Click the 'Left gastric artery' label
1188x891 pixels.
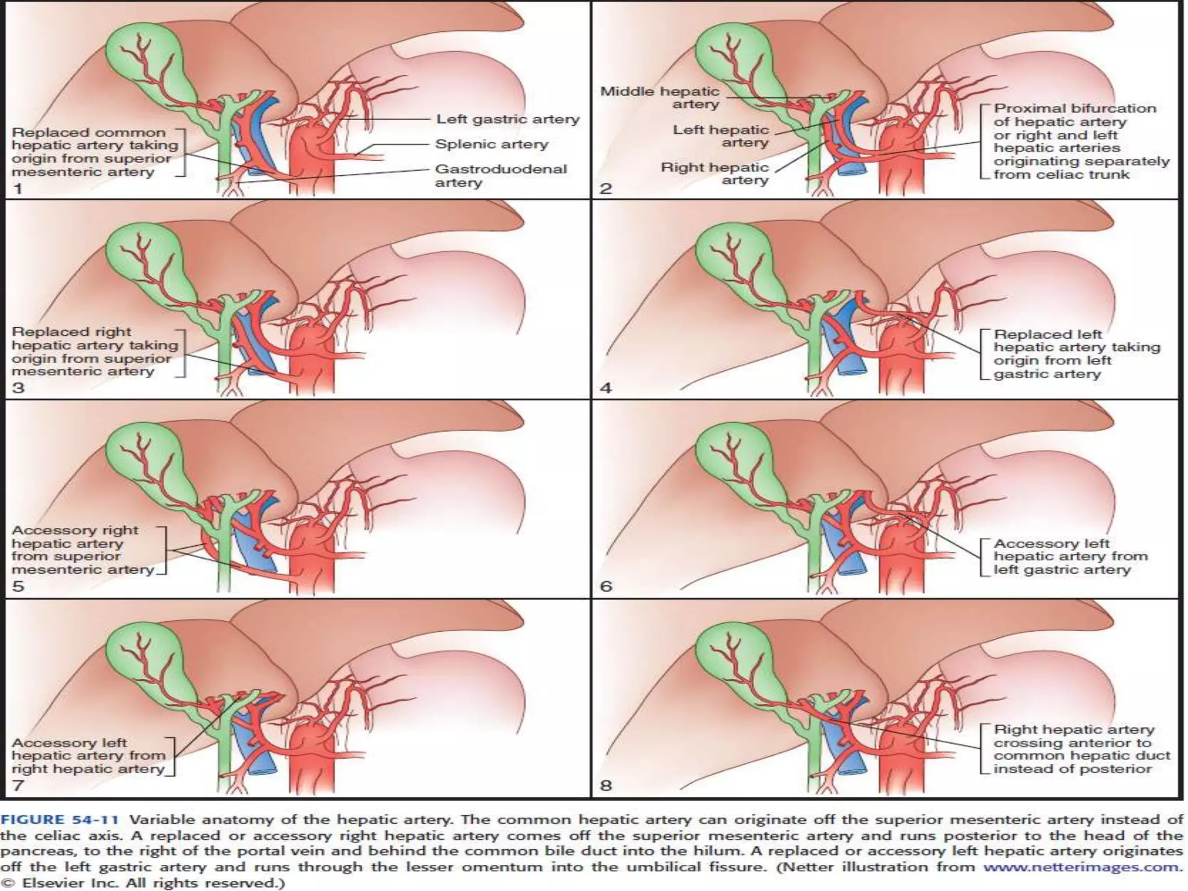click(508, 119)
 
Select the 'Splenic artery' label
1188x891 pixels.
click(491, 144)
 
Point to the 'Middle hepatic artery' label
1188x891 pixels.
click(660, 97)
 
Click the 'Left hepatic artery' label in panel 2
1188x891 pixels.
click(720, 136)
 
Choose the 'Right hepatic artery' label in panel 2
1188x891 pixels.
click(715, 173)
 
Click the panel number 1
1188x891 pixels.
click(17, 189)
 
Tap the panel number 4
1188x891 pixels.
click(606, 387)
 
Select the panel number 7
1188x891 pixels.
click(17, 785)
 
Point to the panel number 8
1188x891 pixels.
click(606, 785)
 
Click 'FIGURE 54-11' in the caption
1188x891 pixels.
click(60, 820)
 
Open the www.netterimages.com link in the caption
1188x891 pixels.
click(1082, 867)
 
